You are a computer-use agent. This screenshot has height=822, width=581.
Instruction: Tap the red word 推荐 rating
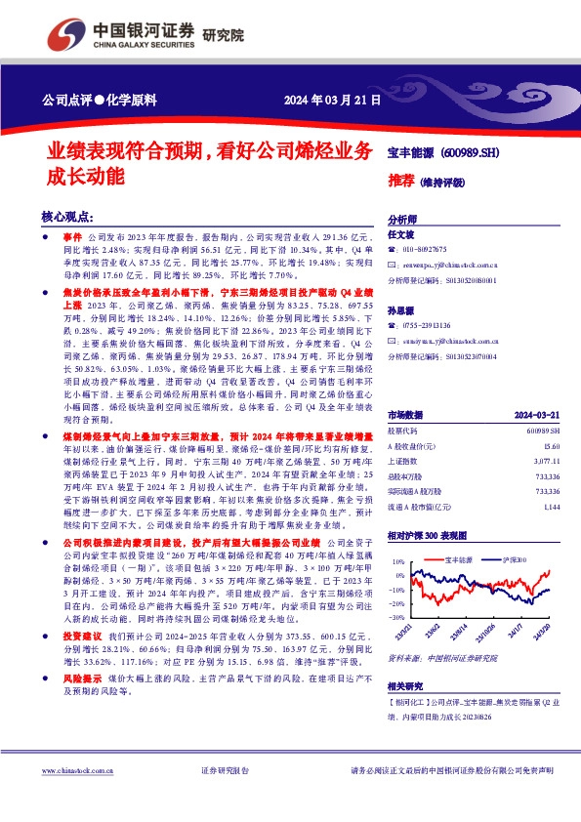coord(400,182)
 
